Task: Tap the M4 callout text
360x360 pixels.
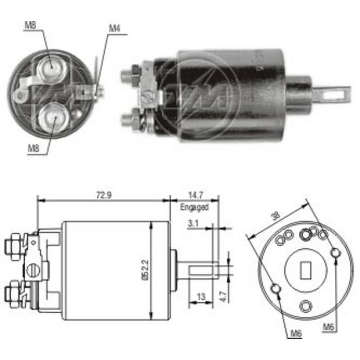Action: tap(114, 28)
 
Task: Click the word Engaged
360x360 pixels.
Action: tap(194, 207)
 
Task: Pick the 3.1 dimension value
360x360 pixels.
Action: tap(193, 223)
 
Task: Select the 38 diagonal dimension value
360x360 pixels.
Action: tap(276, 216)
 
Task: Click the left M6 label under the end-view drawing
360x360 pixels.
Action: tap(296, 333)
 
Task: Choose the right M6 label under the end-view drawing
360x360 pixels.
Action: tap(328, 327)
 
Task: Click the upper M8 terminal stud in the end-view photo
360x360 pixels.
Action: tap(50, 65)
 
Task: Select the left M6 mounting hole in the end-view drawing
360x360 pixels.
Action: tap(277, 288)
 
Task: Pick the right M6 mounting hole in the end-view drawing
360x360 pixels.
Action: tap(336, 253)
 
